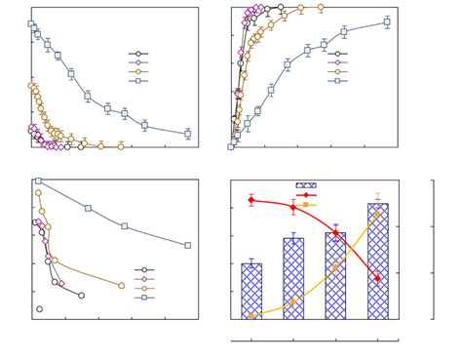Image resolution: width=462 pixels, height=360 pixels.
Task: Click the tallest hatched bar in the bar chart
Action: point(377,260)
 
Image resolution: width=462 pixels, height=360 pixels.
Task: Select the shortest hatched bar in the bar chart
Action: point(251,291)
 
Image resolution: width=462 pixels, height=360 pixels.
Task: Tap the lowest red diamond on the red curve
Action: point(377,279)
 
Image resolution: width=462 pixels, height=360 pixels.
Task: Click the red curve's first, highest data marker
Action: point(251,200)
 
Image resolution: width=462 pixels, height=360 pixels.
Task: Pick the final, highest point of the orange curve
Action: point(377,214)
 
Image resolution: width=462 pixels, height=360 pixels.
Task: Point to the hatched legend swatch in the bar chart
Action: point(306,184)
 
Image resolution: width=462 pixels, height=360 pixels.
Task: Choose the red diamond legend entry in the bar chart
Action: point(306,195)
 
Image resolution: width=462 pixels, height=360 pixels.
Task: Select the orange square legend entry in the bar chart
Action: point(306,205)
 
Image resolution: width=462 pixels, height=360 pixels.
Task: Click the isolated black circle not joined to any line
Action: point(40,309)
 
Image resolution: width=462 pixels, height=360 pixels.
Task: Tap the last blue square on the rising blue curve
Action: point(387,21)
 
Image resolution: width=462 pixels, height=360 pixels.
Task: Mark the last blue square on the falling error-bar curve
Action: point(187,134)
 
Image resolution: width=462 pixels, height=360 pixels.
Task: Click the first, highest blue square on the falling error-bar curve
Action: point(31,23)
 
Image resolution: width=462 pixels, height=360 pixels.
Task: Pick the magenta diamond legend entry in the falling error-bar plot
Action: point(138,62)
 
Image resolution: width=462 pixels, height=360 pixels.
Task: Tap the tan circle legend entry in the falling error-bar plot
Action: point(138,71)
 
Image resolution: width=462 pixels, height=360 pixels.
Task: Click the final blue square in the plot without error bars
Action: point(187,245)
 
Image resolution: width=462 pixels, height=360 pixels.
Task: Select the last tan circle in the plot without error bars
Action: point(121,286)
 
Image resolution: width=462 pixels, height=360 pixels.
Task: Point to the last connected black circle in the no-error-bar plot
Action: point(81,295)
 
